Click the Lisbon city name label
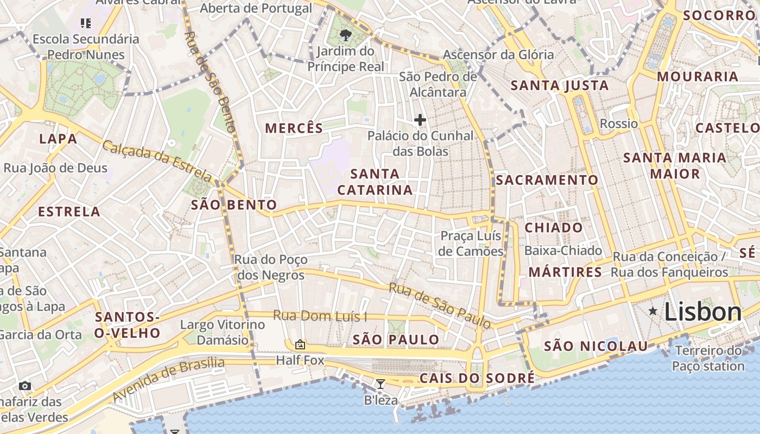click(x=702, y=312)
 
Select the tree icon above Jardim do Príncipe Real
click(x=345, y=36)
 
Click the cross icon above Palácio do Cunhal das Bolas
click(x=420, y=120)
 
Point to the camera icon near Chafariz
click(x=25, y=386)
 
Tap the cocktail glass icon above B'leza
click(x=381, y=384)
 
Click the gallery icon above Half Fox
click(x=300, y=344)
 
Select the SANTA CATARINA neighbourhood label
click(x=375, y=182)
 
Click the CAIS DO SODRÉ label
click(x=477, y=378)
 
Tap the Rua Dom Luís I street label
click(x=320, y=316)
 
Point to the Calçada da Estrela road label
click(x=157, y=161)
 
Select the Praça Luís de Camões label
click(x=471, y=244)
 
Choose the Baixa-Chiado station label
click(x=563, y=251)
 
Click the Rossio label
click(x=619, y=124)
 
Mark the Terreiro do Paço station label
click(x=708, y=358)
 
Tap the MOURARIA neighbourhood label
click(x=698, y=76)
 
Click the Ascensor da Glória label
click(x=498, y=55)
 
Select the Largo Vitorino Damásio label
click(x=223, y=333)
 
